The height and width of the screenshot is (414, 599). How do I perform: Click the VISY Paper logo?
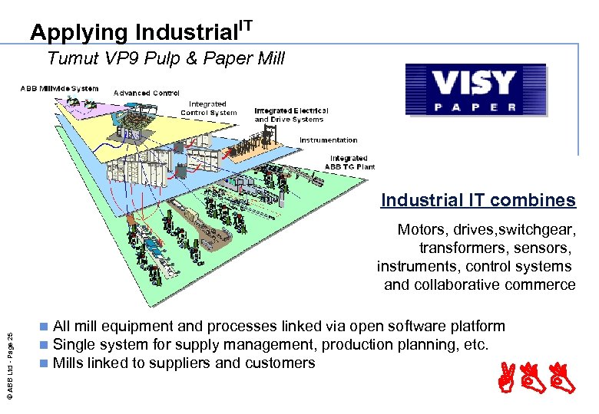475,90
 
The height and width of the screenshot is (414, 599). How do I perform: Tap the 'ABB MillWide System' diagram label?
59,88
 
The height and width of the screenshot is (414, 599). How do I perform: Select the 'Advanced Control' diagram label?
147,93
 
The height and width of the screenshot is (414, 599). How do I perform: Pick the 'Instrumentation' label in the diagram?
328,140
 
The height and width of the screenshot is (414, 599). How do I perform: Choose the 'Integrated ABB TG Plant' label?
349,163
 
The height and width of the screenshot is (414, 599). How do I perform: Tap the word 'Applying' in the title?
79,33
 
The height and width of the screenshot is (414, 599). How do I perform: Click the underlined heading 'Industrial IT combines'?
478,201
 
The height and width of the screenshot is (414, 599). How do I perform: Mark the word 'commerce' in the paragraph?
544,284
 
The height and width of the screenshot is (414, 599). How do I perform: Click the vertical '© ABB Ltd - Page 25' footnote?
8,360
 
